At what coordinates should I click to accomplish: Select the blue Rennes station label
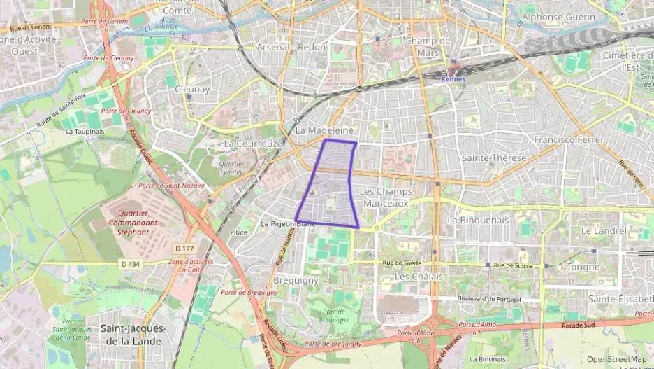[454, 79]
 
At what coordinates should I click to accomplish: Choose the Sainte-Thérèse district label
[494, 158]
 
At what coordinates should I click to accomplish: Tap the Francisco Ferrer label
[567, 140]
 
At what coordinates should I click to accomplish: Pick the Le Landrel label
[604, 230]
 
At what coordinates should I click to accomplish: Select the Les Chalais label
[419, 277]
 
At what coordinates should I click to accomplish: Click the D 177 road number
[184, 249]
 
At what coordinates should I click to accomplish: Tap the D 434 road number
[130, 264]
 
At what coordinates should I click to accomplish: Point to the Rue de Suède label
[403, 263]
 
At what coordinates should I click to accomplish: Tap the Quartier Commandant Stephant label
[128, 223]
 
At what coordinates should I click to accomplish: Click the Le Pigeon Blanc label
[286, 224]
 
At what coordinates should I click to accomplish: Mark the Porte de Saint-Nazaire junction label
[171, 186]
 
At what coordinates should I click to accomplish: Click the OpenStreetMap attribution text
[616, 359]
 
